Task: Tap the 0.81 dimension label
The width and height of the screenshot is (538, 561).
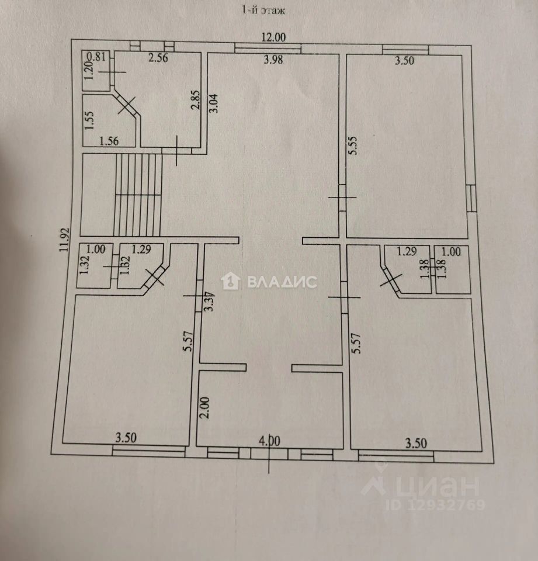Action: coord(96,57)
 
